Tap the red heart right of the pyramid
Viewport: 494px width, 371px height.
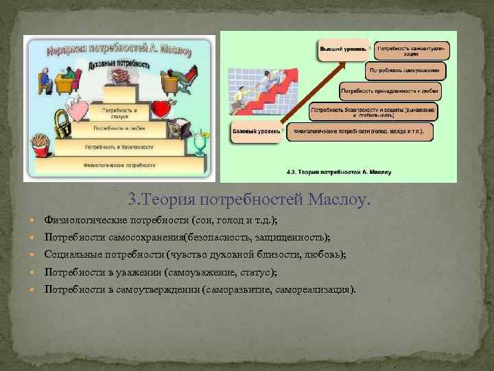click(160, 109)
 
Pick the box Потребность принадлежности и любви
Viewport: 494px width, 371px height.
click(390, 91)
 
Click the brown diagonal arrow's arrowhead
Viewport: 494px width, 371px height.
click(342, 63)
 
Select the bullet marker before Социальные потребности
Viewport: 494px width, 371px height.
click(35, 255)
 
